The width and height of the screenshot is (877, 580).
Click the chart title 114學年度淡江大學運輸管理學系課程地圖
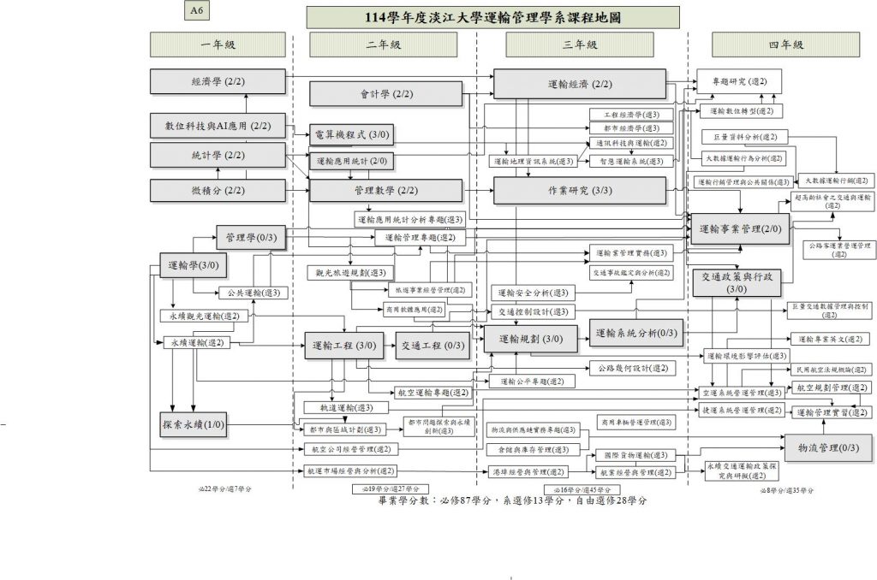coord(492,17)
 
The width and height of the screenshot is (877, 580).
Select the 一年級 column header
coord(218,44)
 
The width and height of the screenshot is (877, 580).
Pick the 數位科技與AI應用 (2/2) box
coord(218,127)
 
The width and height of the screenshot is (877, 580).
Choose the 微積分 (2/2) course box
coord(218,190)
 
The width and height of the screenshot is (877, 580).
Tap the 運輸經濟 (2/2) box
coord(579,84)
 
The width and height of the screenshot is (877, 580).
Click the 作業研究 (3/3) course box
coord(579,191)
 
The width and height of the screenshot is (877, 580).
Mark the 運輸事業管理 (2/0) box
coord(740,229)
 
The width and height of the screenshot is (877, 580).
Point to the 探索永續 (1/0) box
coord(193,424)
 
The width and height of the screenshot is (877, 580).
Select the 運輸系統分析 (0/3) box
coord(637,332)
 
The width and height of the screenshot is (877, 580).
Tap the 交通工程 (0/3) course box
coord(432,346)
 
